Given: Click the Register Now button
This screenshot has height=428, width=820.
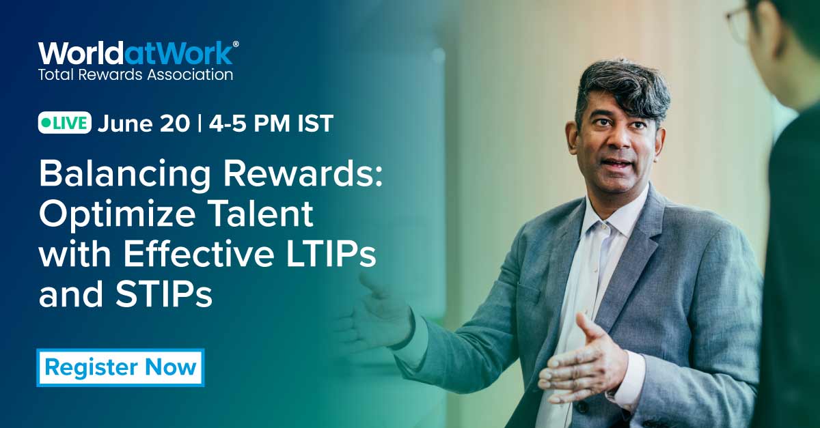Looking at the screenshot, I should pos(120,368).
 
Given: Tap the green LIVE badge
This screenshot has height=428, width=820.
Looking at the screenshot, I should pos(64,124).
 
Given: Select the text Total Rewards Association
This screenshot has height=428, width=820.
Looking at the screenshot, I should pos(135,74).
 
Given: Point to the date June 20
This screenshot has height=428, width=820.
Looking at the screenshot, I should pos(143,124).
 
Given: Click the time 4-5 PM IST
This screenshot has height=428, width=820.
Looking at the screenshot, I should pos(271,124).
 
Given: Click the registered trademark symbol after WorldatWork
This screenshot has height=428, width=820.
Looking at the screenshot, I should pos(236,44).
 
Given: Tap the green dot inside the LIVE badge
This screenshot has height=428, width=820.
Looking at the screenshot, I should pos(46,124).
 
